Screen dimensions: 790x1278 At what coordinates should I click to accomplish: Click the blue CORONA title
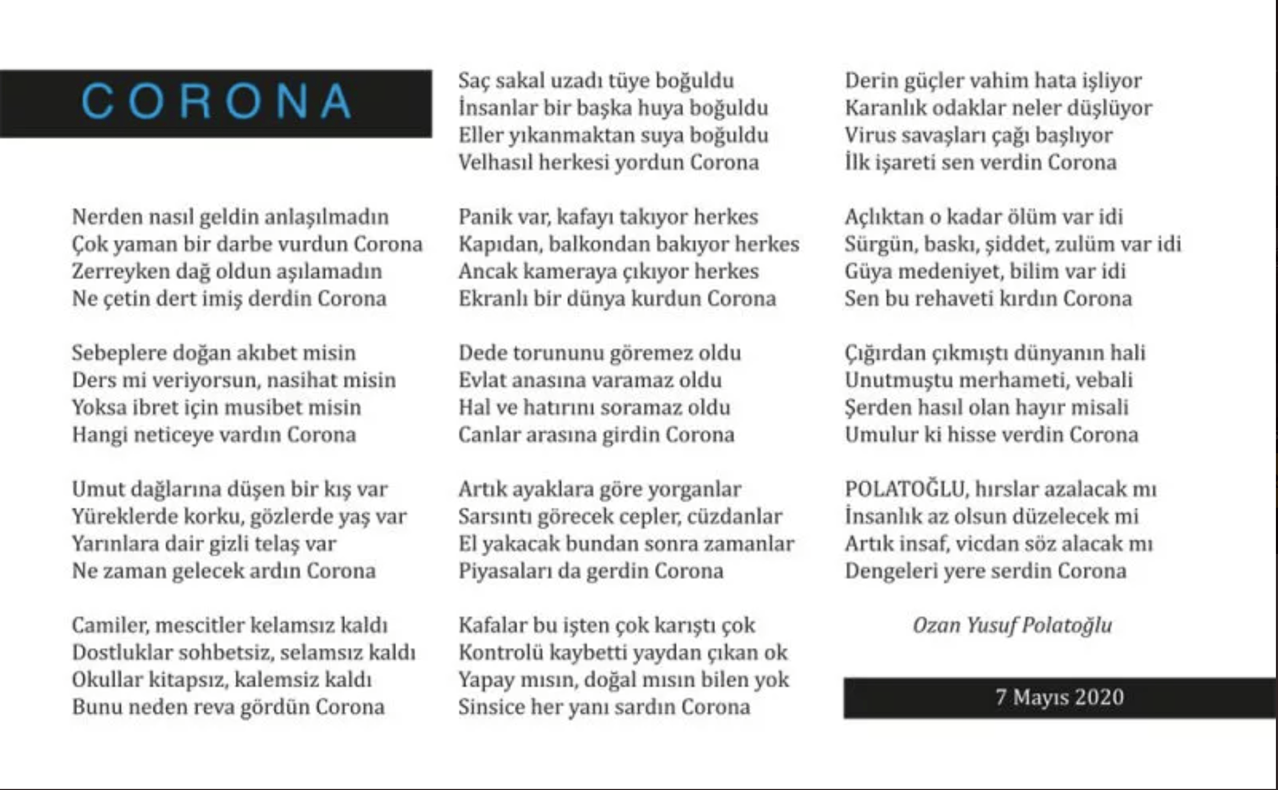pos(216,101)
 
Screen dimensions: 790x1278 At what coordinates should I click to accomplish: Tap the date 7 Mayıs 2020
pos(1060,697)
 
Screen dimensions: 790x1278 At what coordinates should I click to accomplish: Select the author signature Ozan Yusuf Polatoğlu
pos(1012,625)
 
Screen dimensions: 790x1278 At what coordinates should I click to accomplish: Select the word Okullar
pos(107,680)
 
